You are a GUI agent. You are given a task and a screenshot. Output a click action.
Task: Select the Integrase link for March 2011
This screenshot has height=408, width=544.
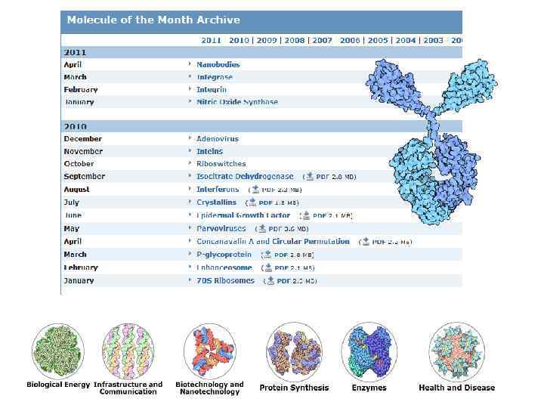coord(215,77)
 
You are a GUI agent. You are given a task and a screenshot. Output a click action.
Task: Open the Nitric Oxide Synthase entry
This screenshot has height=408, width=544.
coord(236,102)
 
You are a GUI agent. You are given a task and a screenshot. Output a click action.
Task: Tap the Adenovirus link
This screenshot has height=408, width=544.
coord(217,139)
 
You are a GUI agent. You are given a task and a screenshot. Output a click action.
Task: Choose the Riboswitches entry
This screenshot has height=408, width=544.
coord(221,164)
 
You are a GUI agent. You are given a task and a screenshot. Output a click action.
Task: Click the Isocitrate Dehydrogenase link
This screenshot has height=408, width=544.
coord(245,176)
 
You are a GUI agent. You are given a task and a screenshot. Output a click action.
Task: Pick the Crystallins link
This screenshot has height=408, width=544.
coord(216,202)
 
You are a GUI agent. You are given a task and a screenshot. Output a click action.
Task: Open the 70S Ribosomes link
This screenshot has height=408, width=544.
coord(225,280)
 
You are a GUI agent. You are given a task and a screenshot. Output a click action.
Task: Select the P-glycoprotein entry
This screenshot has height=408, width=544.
coord(223,254)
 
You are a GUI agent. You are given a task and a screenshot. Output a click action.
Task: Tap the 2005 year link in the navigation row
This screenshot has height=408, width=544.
coord(378,40)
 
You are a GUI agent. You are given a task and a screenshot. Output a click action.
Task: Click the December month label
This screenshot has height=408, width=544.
coord(82,139)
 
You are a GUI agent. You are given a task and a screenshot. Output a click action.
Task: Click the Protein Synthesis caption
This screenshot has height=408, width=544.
coord(294,388)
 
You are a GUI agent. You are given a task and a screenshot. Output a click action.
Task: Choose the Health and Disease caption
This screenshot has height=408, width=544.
coord(456,388)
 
